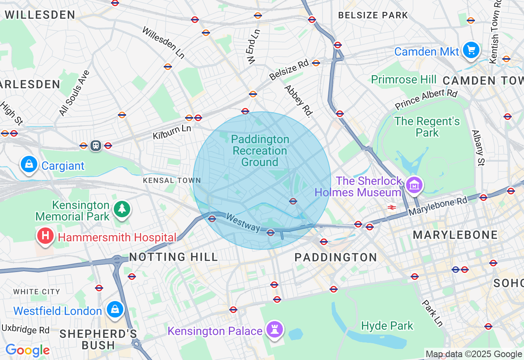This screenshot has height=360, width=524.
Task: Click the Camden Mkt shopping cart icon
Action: coord(471,50)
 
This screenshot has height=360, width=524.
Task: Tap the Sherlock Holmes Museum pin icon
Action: coord(414,185)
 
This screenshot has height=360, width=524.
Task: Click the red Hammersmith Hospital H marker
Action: coord(45,236)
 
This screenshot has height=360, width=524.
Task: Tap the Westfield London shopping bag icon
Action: coord(115,310)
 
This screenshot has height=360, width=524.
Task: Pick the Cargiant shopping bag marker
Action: coord(29,164)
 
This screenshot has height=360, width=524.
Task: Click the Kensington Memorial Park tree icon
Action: coord(122,209)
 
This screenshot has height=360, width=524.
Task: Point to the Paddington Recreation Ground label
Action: coord(260,151)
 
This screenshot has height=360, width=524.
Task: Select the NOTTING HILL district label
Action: coord(174,257)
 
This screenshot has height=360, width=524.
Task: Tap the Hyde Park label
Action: coord(387,326)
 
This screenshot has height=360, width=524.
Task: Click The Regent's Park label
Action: coord(427,127)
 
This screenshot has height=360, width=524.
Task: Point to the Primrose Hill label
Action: coord(404,79)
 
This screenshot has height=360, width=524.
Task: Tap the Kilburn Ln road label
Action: coord(172,132)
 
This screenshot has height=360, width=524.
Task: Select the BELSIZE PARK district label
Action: coord(373,16)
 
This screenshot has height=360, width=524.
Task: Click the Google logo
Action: coord(27,351)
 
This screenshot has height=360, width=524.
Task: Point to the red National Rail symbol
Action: coord(392,207)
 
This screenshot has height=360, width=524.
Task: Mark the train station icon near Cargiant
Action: coord(96,145)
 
